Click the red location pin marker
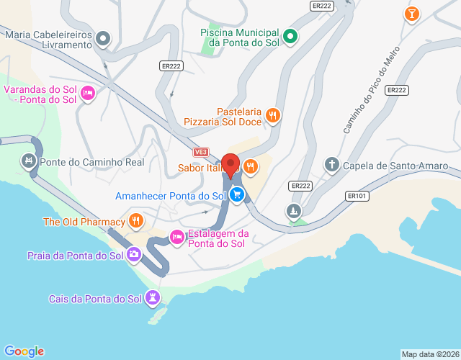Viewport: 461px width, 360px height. click(x=230, y=165)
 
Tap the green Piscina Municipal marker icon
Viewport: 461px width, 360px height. click(x=290, y=36)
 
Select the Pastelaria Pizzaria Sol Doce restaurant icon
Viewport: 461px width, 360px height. click(x=272, y=114)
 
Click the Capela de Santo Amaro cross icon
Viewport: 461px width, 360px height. click(x=331, y=166)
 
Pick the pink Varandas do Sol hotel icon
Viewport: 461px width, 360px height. click(x=89, y=94)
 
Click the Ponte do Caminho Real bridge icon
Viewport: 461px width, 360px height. click(x=29, y=161)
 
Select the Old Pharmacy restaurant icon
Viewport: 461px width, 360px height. click(x=135, y=221)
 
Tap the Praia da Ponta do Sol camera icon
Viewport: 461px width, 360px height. click(x=134, y=254)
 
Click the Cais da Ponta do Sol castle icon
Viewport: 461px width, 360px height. click(x=153, y=297)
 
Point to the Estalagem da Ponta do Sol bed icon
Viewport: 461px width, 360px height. click(x=176, y=236)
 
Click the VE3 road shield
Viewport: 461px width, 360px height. click(x=201, y=153)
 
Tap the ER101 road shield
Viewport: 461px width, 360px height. click(x=357, y=195)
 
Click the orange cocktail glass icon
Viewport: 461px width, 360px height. click(x=411, y=14)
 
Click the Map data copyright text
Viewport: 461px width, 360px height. click(x=429, y=354)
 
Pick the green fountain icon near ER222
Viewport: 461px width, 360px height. click(x=293, y=211)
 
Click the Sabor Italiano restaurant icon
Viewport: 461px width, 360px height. click(x=250, y=167)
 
